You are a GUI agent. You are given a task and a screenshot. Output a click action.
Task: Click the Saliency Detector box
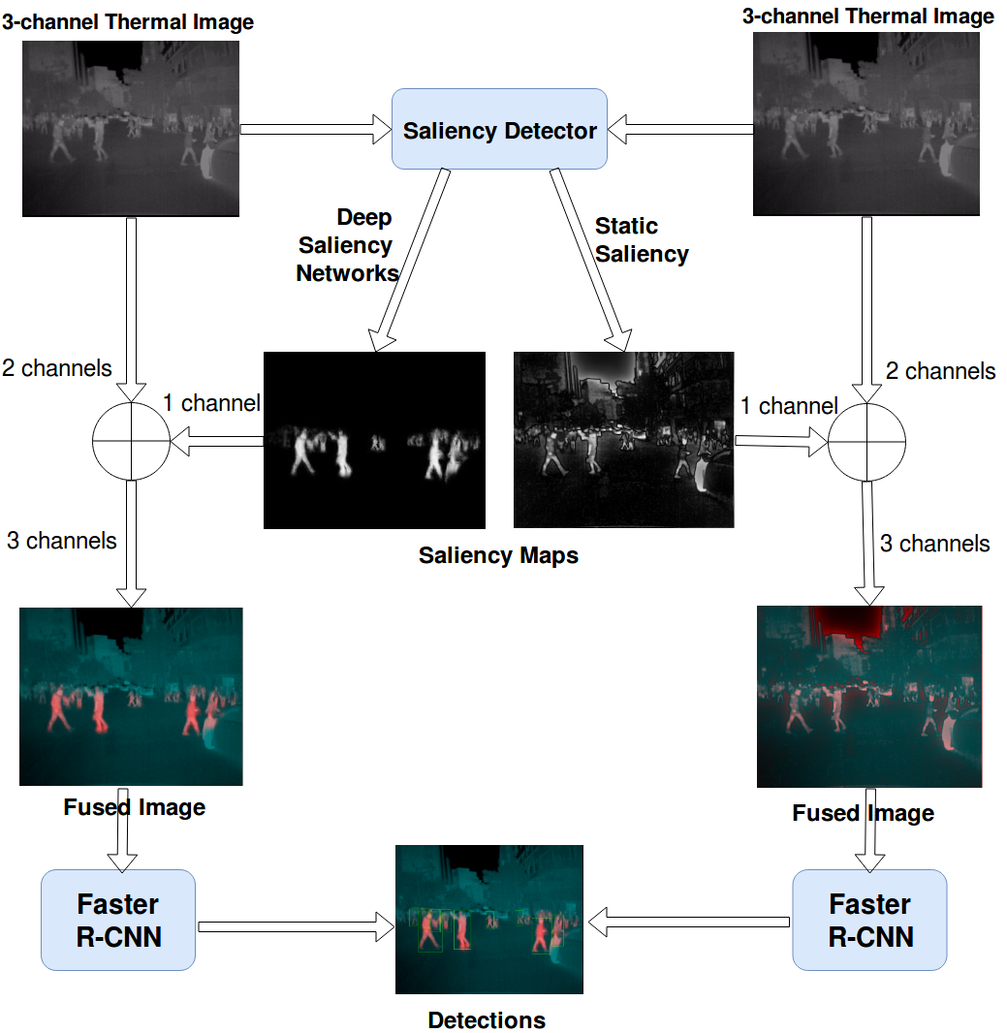coord(499,131)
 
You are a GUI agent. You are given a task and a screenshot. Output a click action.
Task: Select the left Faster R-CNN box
coord(118,920)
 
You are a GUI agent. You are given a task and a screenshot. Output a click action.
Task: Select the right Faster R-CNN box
coord(869,920)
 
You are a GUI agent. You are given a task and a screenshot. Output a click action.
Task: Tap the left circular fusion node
coord(131,441)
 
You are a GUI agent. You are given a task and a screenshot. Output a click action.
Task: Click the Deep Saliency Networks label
coord(347,245)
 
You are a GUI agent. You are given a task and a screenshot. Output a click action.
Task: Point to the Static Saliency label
coord(641,240)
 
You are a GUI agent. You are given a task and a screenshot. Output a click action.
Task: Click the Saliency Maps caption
coord(498,555)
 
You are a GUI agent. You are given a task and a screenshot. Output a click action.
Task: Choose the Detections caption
coord(487,1020)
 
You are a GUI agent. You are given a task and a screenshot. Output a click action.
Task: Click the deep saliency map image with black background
coord(374,440)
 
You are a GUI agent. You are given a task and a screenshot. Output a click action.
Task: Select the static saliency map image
coord(624,440)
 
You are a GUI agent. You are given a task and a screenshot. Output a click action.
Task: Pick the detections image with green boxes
coord(489,919)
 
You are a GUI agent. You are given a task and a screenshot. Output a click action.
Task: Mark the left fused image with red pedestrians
coord(131,696)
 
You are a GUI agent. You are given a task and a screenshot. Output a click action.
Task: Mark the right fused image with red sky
coord(869,696)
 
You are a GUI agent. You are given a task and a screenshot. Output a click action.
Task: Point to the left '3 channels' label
coord(62,541)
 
